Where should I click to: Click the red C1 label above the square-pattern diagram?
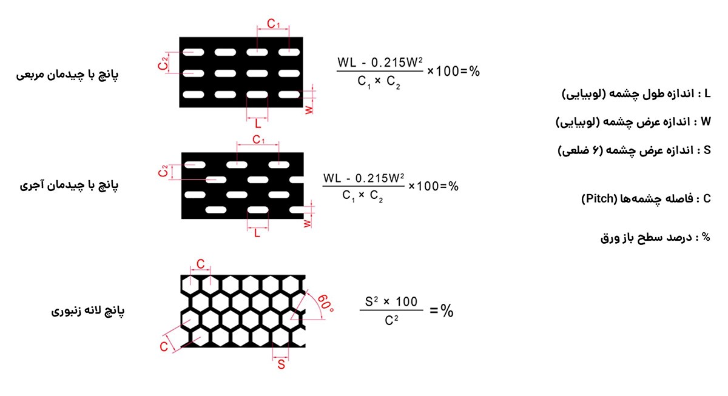tap(274, 24)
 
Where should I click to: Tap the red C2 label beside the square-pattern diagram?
tap(163, 63)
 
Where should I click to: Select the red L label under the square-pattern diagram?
tap(258, 124)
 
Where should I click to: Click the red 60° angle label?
tap(325, 303)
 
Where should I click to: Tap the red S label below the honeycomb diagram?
tap(281, 364)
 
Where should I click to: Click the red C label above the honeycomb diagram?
tap(201, 264)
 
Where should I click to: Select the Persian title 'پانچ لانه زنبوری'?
tap(88, 311)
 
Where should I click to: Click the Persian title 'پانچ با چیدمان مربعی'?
tap(67, 75)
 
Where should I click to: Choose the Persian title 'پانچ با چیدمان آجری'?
tap(69, 186)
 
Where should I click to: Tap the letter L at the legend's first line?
tap(707, 94)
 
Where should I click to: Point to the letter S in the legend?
tap(707, 150)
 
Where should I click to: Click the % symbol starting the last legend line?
tap(706, 237)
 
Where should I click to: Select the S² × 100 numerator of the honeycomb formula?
tap(391, 301)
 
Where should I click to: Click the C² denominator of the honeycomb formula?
tap(391, 320)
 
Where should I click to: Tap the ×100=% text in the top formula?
tap(453, 71)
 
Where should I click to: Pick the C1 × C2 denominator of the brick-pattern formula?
tap(362, 196)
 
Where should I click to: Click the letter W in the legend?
tap(706, 122)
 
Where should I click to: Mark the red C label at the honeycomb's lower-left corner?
tap(164, 347)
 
